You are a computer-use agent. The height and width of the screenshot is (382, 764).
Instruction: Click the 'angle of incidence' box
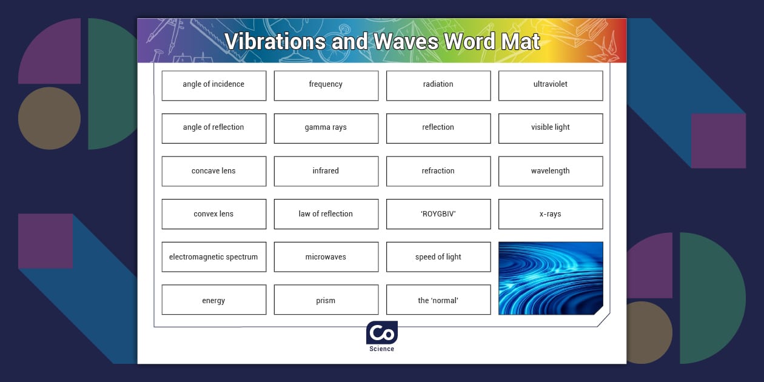213,85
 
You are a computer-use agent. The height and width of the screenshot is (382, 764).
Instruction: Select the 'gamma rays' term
326,128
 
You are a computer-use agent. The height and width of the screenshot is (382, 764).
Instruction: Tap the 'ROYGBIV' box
438,214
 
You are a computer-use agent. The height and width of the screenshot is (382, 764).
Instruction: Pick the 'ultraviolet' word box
550,85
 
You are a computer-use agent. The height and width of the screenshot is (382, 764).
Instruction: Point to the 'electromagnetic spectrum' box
213,257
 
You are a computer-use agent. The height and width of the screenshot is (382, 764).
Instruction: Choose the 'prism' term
326,300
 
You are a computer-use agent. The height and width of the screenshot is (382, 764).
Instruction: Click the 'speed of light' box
438,257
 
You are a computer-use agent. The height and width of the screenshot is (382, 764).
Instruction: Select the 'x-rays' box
550,214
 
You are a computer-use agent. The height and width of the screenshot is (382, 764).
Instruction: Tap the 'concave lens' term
213,171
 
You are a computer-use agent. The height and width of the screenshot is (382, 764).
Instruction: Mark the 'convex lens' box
213,214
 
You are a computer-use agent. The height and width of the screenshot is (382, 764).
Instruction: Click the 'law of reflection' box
326,214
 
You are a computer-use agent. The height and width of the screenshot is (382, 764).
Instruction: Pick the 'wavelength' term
550,171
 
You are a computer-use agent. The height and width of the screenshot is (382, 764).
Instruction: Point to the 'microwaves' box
326,257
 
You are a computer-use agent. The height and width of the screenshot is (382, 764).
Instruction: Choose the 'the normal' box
438,300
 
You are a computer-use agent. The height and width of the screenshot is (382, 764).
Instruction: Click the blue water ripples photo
550,278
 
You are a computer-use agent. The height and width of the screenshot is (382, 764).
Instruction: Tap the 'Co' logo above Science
382,333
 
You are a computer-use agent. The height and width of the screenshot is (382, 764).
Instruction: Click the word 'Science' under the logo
382,349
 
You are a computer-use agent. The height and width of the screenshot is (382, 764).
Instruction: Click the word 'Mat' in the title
520,42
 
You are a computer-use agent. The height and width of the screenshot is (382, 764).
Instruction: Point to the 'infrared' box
326,171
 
